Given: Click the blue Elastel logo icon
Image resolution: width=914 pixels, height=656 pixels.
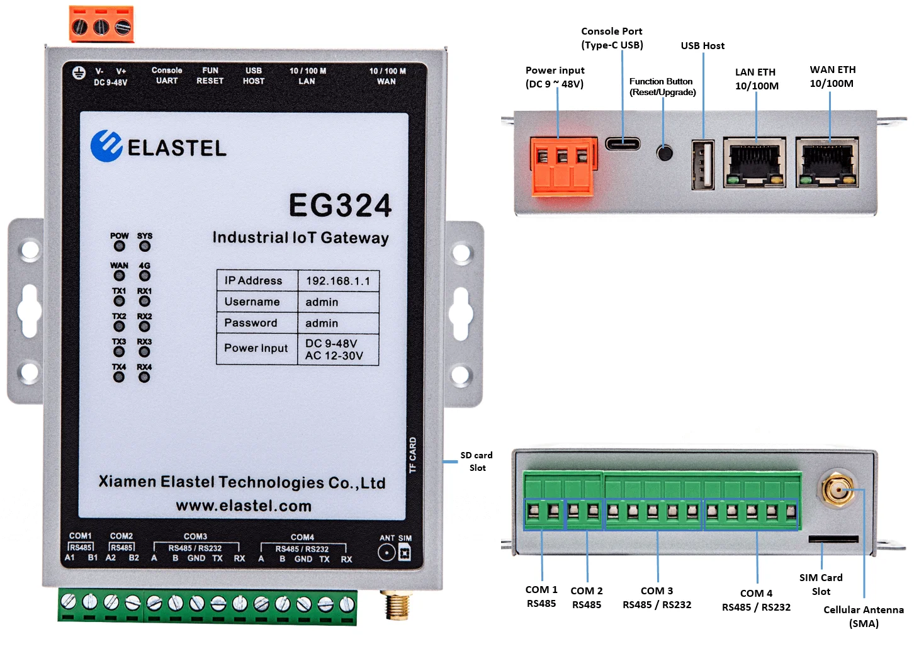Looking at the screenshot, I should coord(106,146).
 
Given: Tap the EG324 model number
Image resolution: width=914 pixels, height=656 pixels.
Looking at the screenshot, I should coord(340,205).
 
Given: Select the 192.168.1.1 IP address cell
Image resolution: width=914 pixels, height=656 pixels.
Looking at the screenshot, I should coord(338,281).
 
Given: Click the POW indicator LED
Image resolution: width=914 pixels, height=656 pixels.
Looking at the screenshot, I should coord(119,246).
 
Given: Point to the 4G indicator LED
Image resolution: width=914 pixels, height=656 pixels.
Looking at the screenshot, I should coord(145,276).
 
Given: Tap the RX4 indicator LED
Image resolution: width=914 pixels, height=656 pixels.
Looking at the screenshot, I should coord(144,377).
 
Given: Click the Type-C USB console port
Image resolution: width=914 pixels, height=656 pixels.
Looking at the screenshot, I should coord(623,144).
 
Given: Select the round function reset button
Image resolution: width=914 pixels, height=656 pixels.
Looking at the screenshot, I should coord(664,152).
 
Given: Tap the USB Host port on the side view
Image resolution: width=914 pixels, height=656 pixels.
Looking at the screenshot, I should coord(702,165).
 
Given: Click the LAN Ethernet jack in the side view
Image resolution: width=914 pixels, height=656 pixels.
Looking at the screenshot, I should coord(755,162).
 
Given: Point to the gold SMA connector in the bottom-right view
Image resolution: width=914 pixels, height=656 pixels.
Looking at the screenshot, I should coord(837,489).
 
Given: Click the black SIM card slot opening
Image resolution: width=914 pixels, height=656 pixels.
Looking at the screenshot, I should coord(833,539).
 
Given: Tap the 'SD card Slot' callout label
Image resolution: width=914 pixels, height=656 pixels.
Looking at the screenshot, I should coord(477,461).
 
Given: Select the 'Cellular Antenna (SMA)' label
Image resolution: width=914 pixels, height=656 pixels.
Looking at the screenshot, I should coord(864,616).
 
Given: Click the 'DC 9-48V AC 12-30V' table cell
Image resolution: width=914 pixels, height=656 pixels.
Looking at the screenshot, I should coord(338,349).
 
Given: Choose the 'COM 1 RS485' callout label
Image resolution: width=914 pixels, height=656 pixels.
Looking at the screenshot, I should coord(541,596).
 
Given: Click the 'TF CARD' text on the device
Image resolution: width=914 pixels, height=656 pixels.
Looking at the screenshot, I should coord(413,455).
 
